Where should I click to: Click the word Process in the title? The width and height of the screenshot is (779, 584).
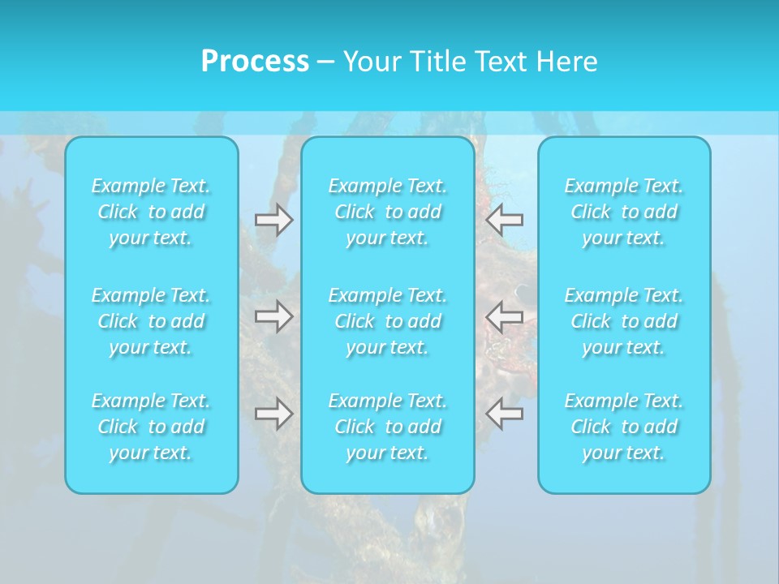(x=255, y=62)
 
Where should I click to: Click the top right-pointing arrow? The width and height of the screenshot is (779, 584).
(x=273, y=220)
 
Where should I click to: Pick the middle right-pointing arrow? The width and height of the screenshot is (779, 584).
(x=273, y=316)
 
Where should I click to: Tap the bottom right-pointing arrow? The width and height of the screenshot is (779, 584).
(x=273, y=414)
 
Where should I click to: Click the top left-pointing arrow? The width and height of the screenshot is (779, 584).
(x=504, y=220)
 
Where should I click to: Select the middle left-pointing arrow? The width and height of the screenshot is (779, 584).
(x=504, y=316)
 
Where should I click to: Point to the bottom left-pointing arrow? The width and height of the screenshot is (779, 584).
(x=504, y=414)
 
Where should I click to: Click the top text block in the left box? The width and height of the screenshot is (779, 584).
(x=151, y=212)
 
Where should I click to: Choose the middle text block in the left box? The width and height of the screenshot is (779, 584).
(x=151, y=321)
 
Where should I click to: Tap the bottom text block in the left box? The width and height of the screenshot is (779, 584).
(x=151, y=427)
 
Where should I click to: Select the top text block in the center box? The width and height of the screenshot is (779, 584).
(x=388, y=212)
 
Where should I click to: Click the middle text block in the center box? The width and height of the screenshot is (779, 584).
(x=388, y=321)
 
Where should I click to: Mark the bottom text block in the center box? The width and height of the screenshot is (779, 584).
(x=388, y=427)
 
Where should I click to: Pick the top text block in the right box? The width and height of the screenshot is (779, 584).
(x=624, y=212)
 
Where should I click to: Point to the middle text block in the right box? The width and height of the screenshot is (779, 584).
(x=624, y=321)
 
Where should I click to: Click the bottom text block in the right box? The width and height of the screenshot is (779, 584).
(x=624, y=427)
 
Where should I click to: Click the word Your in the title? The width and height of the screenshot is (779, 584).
(x=372, y=62)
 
